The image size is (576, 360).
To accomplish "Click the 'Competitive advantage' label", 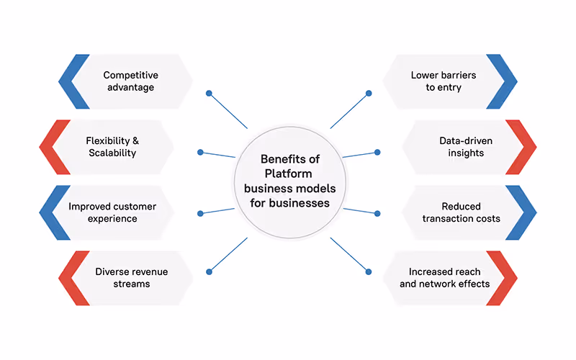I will [130, 81].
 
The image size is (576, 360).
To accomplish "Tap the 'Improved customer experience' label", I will [112, 212].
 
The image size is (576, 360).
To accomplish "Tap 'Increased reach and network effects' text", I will [449, 278].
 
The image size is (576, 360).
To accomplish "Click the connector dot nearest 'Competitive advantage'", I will [209, 93].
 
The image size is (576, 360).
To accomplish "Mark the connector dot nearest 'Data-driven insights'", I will [377, 152].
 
